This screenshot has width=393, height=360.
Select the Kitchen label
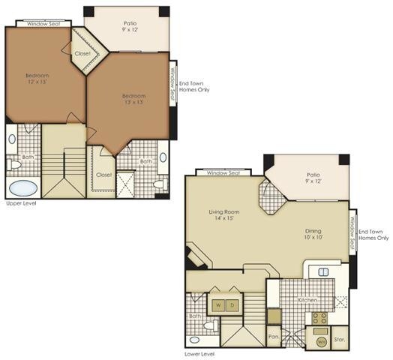tap(308, 300)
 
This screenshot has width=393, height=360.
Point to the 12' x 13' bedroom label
tap(37, 79)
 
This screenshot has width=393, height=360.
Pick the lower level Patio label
tap(312, 179)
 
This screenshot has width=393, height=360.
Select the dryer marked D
tap(232, 305)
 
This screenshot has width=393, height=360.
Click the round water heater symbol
tap(320, 341)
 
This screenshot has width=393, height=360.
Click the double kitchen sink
tap(324, 271)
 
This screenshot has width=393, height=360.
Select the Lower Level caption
tap(199, 353)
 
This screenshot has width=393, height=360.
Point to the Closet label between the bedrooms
tap(82, 53)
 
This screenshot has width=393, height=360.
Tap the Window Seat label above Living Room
tap(223, 172)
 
